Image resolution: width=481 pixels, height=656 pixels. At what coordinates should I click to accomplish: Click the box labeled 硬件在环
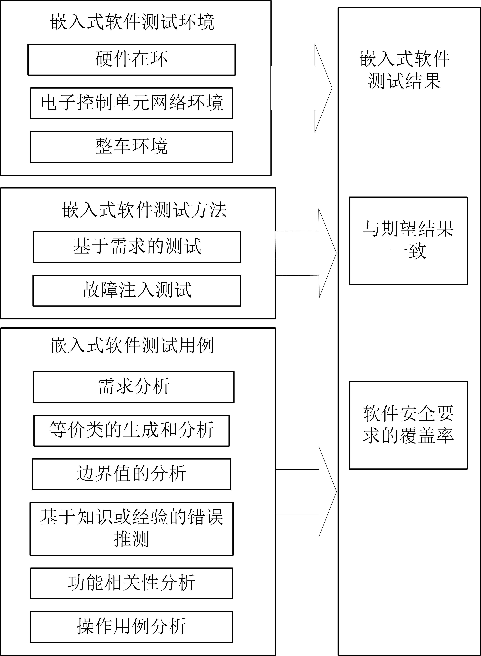(x=131, y=60)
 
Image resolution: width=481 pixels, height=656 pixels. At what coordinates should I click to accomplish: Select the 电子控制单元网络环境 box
(x=131, y=103)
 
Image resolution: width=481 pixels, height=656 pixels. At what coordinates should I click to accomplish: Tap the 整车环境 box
(x=131, y=147)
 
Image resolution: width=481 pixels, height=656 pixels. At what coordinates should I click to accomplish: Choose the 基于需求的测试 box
(x=137, y=247)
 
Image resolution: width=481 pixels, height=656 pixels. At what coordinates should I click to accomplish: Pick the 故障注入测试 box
(x=137, y=290)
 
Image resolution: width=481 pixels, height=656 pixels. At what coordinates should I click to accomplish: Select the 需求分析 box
(x=134, y=387)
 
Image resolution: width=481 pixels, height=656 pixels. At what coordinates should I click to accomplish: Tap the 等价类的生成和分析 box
(x=131, y=431)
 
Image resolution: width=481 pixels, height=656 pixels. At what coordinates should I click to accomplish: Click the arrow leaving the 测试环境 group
(x=302, y=88)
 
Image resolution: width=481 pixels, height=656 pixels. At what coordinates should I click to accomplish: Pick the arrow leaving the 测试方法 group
(x=306, y=253)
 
